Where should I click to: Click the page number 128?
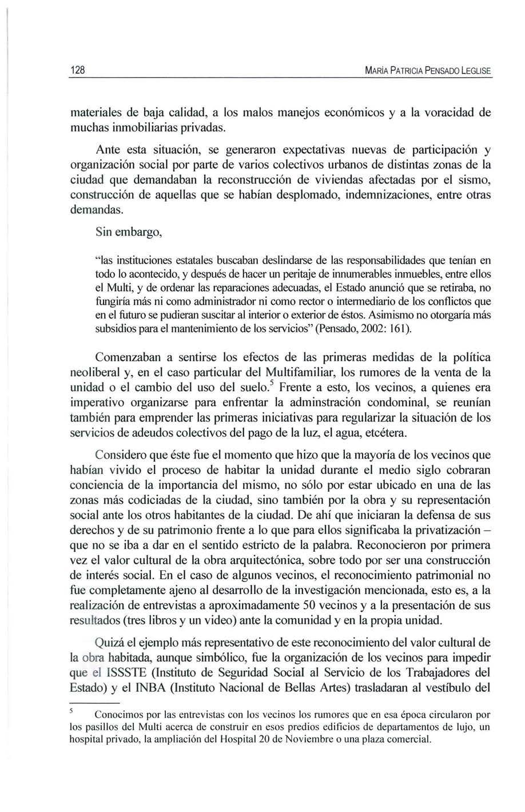point(77,71)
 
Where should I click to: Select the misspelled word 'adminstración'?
point(336,403)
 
